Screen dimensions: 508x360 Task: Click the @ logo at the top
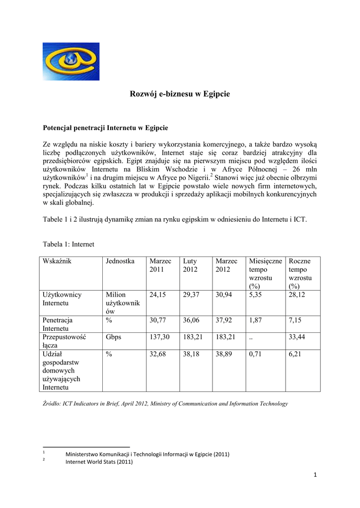pyautogui.click(x=71, y=61)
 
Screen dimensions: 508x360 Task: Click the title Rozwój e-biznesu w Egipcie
pyautogui.click(x=180, y=93)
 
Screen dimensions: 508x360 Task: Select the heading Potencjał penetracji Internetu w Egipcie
pyautogui.click(x=105, y=127)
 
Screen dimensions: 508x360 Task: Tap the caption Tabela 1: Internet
pyautogui.click(x=69, y=244)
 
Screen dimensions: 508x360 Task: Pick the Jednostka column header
pyautogui.click(x=120, y=261)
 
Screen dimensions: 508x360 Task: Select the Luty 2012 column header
pyautogui.click(x=190, y=265)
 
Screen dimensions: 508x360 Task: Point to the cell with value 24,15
pyautogui.click(x=157, y=295)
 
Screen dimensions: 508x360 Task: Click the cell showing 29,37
pyautogui.click(x=191, y=295)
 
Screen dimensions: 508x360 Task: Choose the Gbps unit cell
pyautogui.click(x=114, y=337)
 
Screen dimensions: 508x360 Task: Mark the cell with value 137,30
pyautogui.click(x=159, y=337)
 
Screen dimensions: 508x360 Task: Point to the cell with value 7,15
pyautogui.click(x=295, y=320)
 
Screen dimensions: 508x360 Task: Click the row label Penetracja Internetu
pyautogui.click(x=58, y=324)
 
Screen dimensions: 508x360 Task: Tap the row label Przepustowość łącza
pyautogui.click(x=65, y=341)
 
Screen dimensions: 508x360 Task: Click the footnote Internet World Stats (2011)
pyautogui.click(x=99, y=462)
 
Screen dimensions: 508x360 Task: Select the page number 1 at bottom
pyautogui.click(x=315, y=477)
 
